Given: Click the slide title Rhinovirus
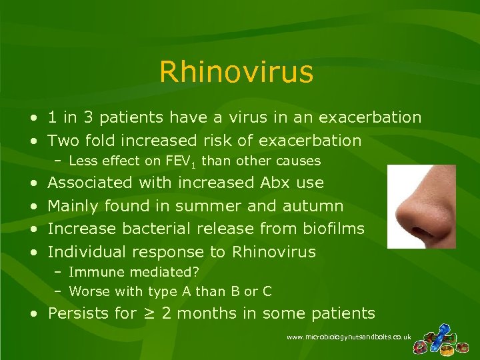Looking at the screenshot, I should [x=236, y=73].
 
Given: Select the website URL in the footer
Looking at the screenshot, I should [x=349, y=338].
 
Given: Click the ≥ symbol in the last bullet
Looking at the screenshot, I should [x=149, y=313].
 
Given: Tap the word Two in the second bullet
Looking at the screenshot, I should [x=63, y=141].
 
